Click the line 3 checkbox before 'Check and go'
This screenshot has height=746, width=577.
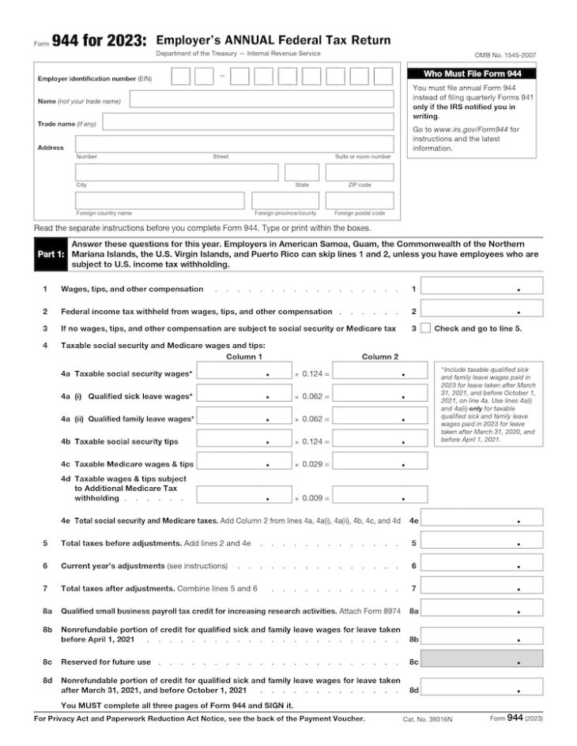pyautogui.click(x=426, y=328)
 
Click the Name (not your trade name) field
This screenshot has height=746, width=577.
pyautogui.click(x=261, y=99)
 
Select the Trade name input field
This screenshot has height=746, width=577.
pyautogui.click(x=247, y=122)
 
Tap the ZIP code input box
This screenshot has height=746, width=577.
pyautogui.click(x=359, y=172)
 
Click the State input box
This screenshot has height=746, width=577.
pyautogui.click(x=302, y=172)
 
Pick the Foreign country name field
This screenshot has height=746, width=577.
pyautogui.click(x=160, y=201)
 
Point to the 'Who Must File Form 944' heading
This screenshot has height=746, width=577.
pyautogui.click(x=470, y=73)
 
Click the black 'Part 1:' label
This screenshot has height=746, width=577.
pyautogui.click(x=51, y=255)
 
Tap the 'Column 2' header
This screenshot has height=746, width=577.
pyautogui.click(x=380, y=357)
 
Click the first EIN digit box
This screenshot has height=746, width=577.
pyautogui.click(x=181, y=77)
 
